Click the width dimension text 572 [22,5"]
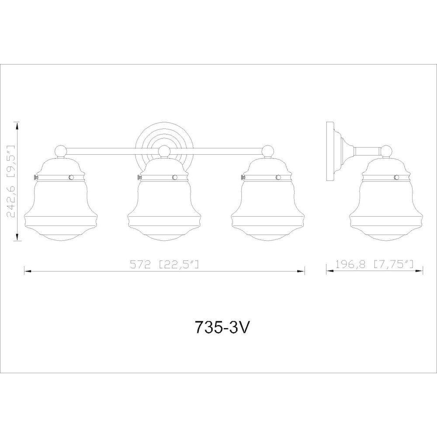[x=164, y=264]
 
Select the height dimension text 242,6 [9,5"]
[x=10, y=181]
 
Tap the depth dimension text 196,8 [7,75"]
[x=375, y=264]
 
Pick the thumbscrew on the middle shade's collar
[x=138, y=177]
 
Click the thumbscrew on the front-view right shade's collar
[x=242, y=177]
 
